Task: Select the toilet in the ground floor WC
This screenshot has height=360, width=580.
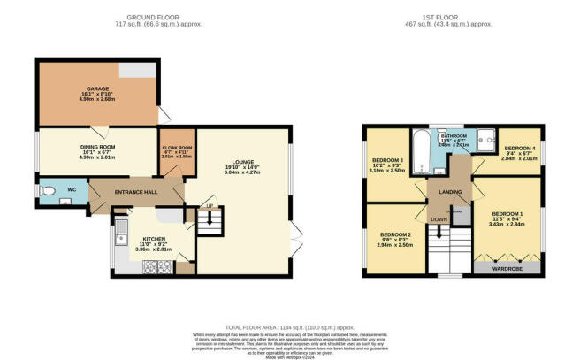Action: [x=49, y=190]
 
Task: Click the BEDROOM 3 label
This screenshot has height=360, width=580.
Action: [x=388, y=160]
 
